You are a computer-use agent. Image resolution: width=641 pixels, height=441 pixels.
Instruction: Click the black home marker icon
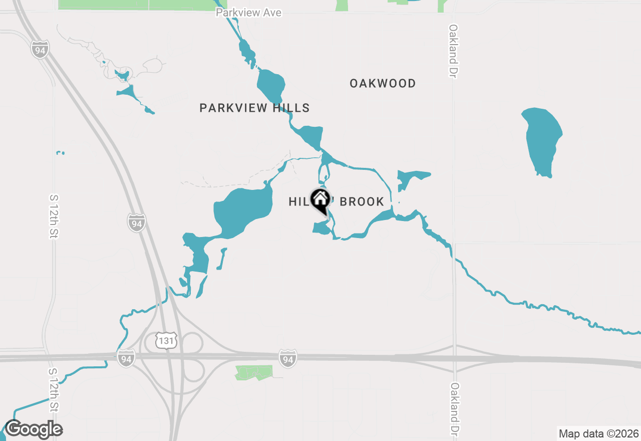click(x=320, y=200)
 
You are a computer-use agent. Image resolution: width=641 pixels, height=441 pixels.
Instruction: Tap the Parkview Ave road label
click(x=248, y=13)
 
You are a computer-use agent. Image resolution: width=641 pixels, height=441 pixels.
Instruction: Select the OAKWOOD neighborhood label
click(x=383, y=83)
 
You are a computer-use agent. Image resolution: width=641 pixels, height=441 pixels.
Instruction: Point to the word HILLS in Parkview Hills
click(x=292, y=108)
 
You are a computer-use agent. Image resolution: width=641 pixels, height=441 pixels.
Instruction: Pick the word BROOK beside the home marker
click(x=362, y=201)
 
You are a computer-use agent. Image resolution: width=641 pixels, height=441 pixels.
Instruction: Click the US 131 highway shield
click(x=165, y=341)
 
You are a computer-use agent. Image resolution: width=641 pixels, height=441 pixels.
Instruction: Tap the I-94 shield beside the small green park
click(x=287, y=358)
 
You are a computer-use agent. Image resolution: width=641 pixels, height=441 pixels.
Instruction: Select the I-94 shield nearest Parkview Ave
click(x=40, y=49)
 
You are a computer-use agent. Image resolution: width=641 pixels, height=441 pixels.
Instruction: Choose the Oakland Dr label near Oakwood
click(x=454, y=51)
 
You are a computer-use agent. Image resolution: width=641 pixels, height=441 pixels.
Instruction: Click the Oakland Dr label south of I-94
click(x=455, y=410)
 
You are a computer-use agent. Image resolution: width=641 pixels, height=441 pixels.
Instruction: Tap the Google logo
click(x=33, y=429)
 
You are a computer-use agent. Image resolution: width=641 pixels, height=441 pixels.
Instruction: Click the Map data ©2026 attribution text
click(x=598, y=433)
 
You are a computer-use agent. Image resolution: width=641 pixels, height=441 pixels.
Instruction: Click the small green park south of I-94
click(x=254, y=372)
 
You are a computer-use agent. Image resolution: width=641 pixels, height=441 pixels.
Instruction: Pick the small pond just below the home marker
click(x=321, y=228)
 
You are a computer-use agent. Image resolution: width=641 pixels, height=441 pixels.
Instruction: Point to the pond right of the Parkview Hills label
click(x=310, y=135)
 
